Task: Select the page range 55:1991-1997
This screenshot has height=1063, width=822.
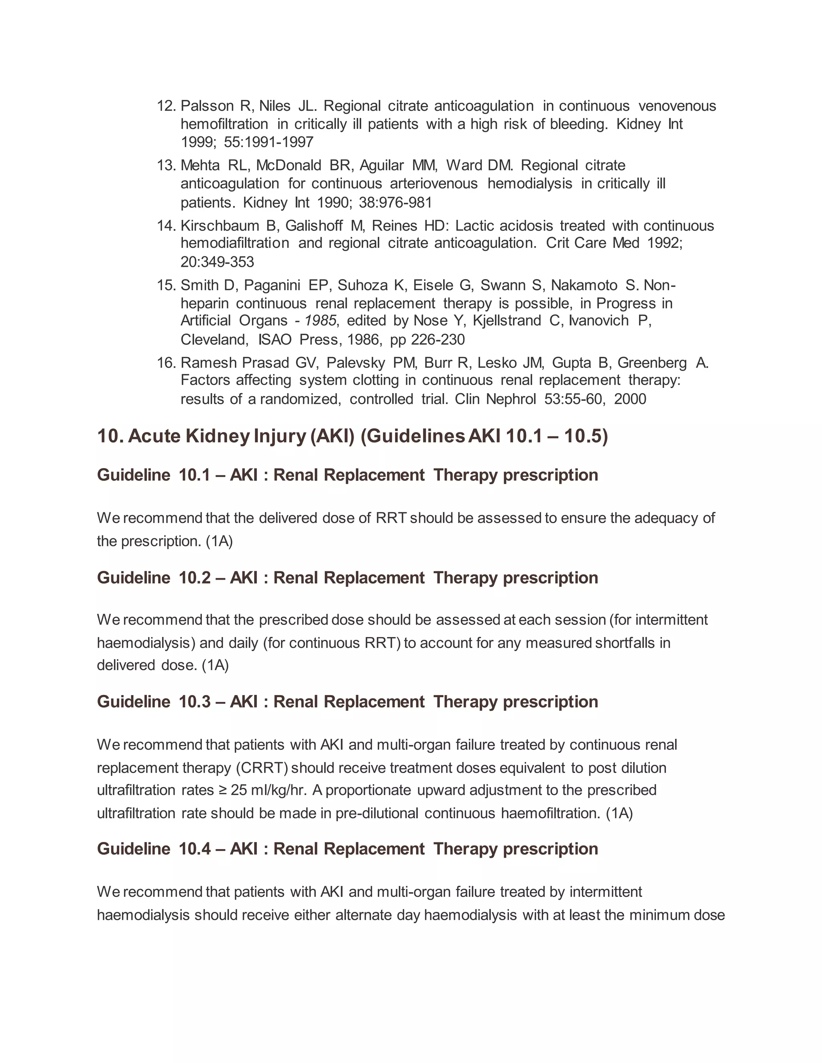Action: pyautogui.click(x=269, y=142)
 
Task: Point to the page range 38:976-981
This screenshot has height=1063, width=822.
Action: pyautogui.click(x=395, y=202)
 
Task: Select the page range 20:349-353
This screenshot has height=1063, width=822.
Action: pyautogui.click(x=217, y=262)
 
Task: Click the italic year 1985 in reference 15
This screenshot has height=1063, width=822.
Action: pyautogui.click(x=320, y=321)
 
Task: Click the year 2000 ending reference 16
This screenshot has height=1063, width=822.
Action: pyautogui.click(x=630, y=399)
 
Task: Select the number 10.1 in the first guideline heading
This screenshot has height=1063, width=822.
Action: pyautogui.click(x=195, y=475)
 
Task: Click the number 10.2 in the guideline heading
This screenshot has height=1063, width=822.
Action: pyautogui.click(x=195, y=578)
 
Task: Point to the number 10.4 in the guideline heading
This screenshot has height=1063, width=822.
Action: pyautogui.click(x=195, y=848)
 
